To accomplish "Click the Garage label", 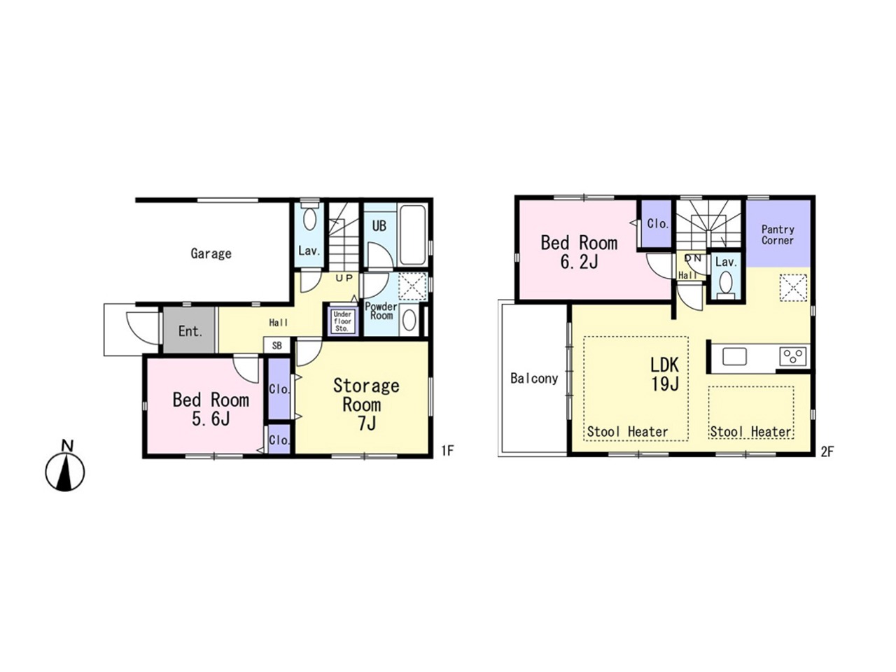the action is point(211,253).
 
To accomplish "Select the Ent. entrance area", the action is point(190,330).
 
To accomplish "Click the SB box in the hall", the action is point(276,346).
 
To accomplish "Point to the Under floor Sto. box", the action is point(342,321).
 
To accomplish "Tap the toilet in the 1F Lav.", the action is point(309,218).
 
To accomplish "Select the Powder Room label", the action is point(381,311).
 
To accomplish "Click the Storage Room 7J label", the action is point(366,405).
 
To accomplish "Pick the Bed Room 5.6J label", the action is point(211,409).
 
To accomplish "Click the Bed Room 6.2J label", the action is point(579,252).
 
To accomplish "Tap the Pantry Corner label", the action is point(778,234).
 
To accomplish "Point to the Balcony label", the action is point(534,378).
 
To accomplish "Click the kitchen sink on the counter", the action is point(734,356).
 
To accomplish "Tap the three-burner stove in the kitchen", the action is point(792,356).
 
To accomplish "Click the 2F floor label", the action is point(827,452).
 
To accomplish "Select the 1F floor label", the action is point(447,450).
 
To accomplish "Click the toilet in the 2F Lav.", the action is point(725,283).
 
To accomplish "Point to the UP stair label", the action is point(344,279).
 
